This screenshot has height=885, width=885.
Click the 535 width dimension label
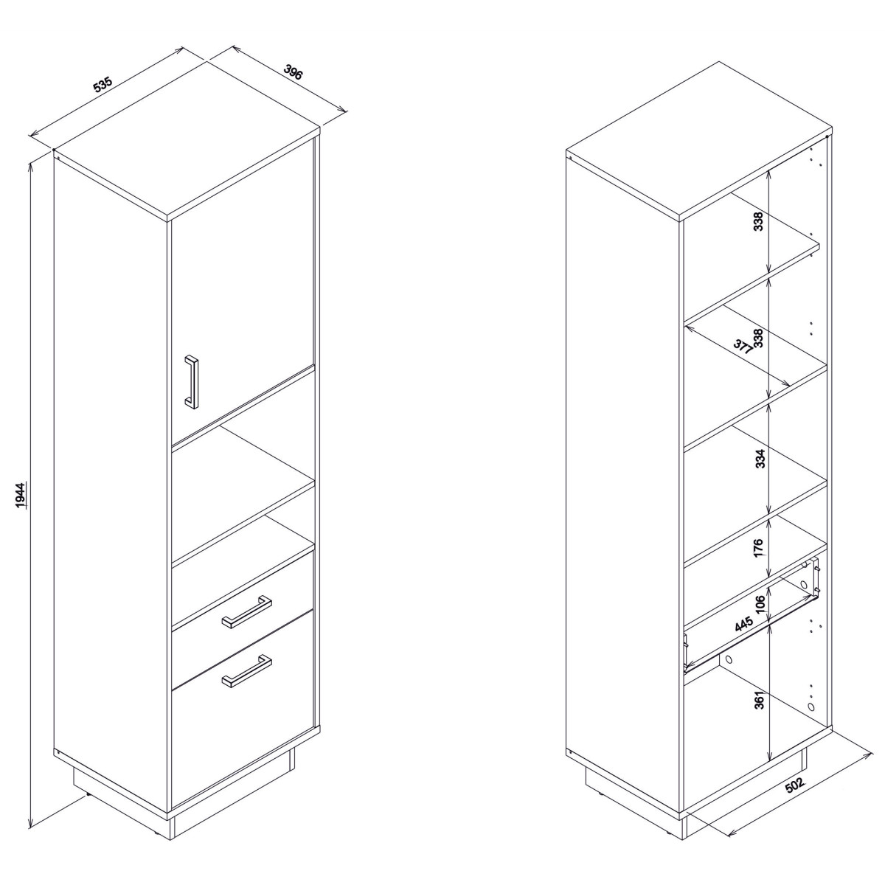click(x=103, y=85)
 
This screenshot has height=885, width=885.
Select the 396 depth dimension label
click(x=293, y=72)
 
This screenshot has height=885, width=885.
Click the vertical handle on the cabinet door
click(x=191, y=381)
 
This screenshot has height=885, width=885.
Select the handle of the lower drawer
click(x=246, y=670)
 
